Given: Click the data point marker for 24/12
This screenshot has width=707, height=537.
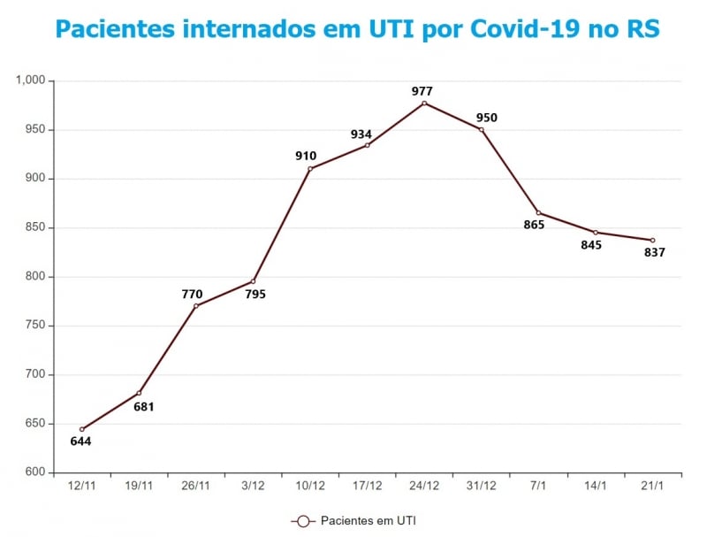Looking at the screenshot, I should [x=424, y=104].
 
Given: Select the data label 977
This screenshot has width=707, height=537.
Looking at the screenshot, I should [x=422, y=91].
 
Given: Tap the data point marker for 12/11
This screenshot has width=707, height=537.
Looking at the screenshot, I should [x=82, y=429].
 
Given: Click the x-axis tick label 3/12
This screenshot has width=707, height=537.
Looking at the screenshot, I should [x=253, y=485].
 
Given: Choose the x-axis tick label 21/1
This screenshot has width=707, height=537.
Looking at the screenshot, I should [x=652, y=485].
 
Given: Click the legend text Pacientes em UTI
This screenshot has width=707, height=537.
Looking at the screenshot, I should [x=368, y=521].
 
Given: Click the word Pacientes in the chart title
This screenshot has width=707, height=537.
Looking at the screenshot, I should [x=114, y=28].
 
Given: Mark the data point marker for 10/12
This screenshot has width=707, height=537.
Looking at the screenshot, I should [x=310, y=169].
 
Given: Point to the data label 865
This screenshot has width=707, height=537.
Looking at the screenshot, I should [x=534, y=225].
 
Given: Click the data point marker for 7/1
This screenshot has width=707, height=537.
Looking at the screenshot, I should [x=538, y=212].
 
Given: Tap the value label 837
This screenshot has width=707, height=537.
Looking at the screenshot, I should [x=654, y=252].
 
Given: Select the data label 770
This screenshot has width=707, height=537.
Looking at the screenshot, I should [x=192, y=295].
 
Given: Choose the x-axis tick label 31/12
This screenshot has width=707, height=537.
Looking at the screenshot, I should [x=481, y=485].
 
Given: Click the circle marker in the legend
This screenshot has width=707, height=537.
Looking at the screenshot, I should [x=303, y=521].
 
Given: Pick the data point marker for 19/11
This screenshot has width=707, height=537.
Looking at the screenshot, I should [x=139, y=393].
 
